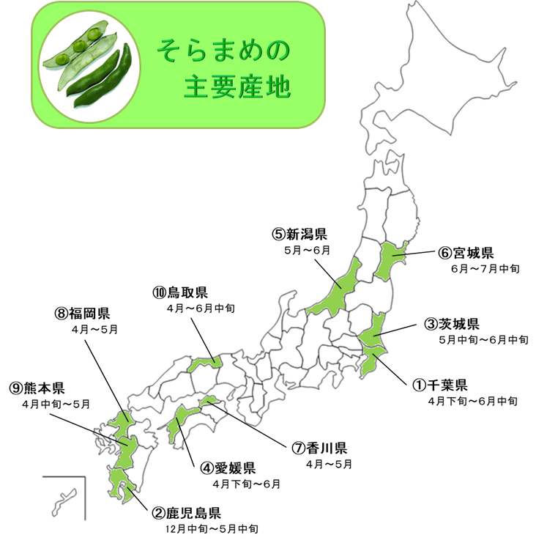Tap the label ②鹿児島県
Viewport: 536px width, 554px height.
click(x=186, y=512)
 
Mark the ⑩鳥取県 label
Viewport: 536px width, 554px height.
click(x=180, y=292)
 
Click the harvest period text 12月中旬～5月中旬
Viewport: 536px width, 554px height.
click(x=213, y=528)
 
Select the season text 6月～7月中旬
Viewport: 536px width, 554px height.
click(x=485, y=269)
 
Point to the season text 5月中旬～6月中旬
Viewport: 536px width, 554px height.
click(x=483, y=339)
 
